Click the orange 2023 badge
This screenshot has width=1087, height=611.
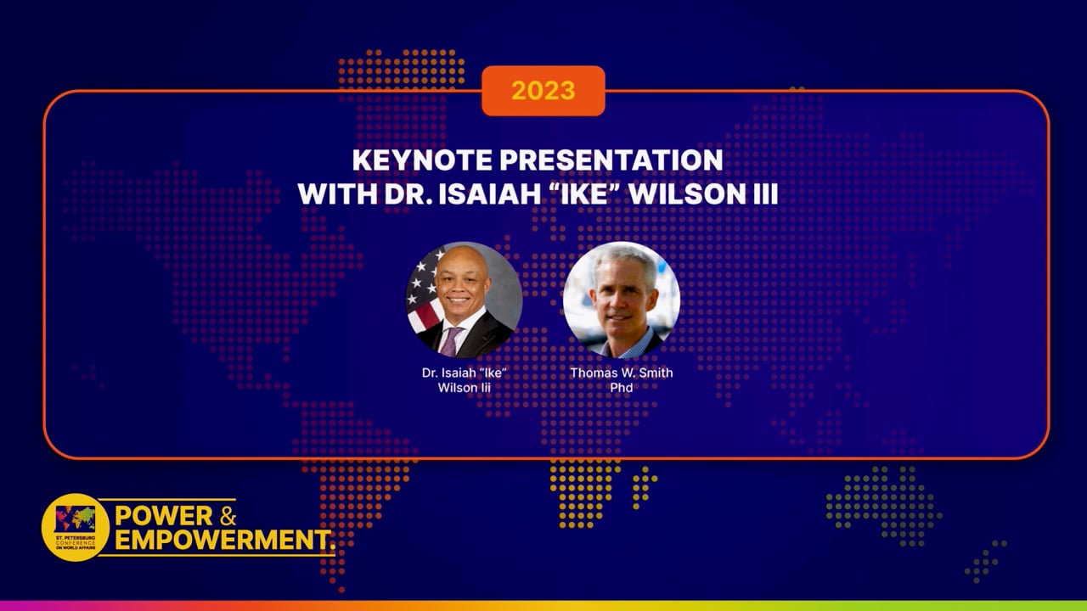[543, 91]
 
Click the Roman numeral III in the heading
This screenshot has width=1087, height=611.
[762, 193]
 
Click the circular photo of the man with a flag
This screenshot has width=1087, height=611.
[464, 300]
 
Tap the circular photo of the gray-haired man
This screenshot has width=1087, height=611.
[621, 300]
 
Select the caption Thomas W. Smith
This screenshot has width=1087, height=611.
[621, 373]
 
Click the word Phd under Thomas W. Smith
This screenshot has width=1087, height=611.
[621, 388]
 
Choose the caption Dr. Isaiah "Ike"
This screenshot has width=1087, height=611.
[464, 373]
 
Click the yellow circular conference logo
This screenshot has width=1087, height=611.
[76, 527]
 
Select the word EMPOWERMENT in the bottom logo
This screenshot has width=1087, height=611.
[223, 540]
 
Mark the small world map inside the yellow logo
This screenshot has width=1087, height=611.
[76, 518]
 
